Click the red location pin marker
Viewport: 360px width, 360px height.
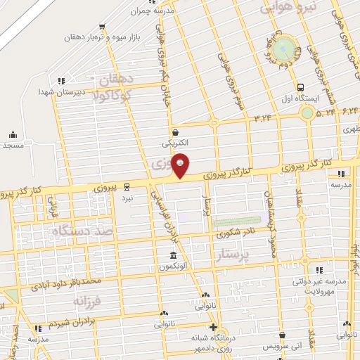(181, 165)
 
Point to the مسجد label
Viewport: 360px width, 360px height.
(13, 145)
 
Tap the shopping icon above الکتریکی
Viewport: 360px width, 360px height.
(175, 131)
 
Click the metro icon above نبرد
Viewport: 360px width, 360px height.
(127, 187)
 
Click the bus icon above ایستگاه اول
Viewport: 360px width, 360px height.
(301, 87)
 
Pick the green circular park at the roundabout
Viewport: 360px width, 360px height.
(284, 49)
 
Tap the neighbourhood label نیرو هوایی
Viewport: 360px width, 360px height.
(289, 6)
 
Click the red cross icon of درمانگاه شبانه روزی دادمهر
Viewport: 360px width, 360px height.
(214, 328)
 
